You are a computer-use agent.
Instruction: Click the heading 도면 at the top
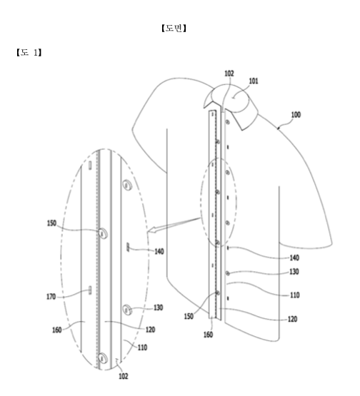pyautogui.click(x=174, y=28)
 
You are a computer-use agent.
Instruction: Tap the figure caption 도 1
pyautogui.click(x=29, y=53)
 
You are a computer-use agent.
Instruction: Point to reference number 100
pyautogui.click(x=296, y=115)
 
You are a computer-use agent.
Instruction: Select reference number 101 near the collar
pyautogui.click(x=254, y=81)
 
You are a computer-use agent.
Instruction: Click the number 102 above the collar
pyautogui.click(x=229, y=73)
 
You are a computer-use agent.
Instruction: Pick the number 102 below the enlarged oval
pyautogui.click(x=124, y=376)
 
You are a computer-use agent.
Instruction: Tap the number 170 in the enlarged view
pyautogui.click(x=51, y=297)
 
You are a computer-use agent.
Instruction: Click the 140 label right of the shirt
pyautogui.click(x=294, y=258)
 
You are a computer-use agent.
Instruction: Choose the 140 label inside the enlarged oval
pyautogui.click(x=159, y=251)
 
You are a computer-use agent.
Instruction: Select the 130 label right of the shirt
pyautogui.click(x=294, y=272)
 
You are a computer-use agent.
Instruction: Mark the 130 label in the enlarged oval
pyautogui.click(x=159, y=308)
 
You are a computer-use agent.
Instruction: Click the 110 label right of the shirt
pyautogui.click(x=295, y=295)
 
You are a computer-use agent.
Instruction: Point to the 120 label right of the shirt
pyautogui.click(x=293, y=319)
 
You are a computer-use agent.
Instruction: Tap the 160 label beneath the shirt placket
pyautogui.click(x=208, y=335)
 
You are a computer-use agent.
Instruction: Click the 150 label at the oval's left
pyautogui.click(x=52, y=223)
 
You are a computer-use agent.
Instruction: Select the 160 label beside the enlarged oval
pyautogui.click(x=57, y=330)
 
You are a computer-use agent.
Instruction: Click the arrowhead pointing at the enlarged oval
pyautogui.click(x=151, y=230)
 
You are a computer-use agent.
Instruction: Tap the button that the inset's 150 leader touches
pyautogui.click(x=103, y=233)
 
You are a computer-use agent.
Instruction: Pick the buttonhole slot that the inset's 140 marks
pyautogui.click(x=128, y=247)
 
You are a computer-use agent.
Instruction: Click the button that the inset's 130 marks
pyautogui.click(x=127, y=310)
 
